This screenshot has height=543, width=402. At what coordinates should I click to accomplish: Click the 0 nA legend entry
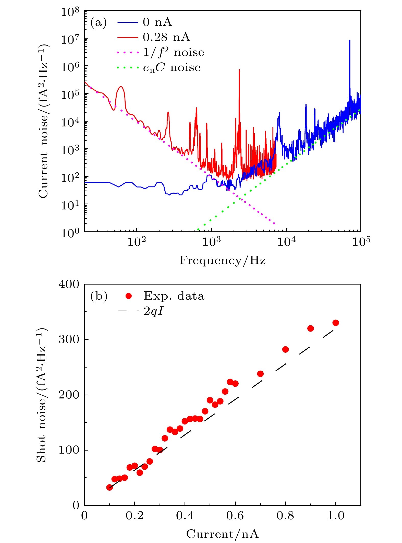pos(157,22)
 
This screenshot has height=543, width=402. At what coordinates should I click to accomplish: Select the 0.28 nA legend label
pos(166,37)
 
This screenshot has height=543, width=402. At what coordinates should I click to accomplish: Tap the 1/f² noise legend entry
pos(174,52)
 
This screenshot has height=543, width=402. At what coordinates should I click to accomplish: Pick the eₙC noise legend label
pos(172,68)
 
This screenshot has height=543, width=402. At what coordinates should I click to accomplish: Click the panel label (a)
pos(98,22)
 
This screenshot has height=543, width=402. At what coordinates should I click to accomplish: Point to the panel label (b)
pos(99,296)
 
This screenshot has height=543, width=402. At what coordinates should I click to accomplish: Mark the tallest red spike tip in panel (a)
pos(239,70)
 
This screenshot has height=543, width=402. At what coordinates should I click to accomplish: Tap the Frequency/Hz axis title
pos(223,261)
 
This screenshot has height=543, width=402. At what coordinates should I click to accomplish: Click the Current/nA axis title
pos(223,534)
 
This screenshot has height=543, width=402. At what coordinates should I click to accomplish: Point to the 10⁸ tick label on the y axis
pos(70,12)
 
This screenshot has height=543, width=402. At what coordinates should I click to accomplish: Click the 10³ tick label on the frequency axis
pos(211,242)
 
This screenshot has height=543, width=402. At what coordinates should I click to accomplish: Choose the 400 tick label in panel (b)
pos(69,284)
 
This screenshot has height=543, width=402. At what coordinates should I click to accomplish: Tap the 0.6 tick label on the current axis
pos(235,515)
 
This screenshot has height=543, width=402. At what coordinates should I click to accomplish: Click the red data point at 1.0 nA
pos(336,323)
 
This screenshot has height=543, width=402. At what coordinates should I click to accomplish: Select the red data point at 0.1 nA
pos(109,487)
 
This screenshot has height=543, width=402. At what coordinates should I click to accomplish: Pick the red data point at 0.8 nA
pos(285,349)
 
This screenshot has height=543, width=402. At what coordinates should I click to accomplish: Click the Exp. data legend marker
pos(129,296)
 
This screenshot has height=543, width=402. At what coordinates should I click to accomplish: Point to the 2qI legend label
pos(153,311)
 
